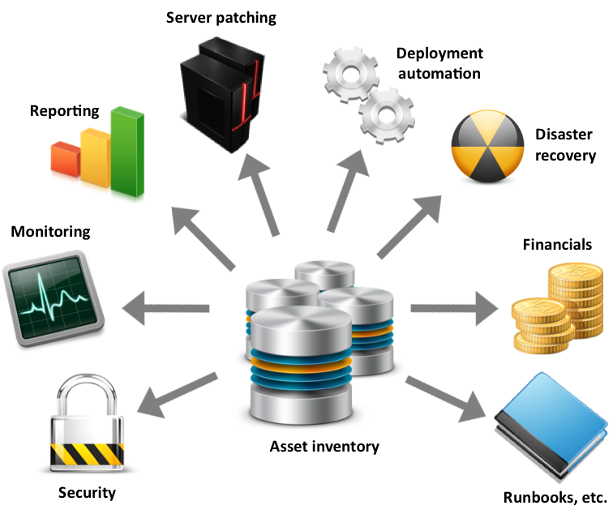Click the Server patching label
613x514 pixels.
[x=221, y=18]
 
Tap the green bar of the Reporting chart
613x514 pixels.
[x=127, y=152]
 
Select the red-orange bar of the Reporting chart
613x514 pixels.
[x=66, y=159]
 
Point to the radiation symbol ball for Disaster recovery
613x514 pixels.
[x=487, y=146]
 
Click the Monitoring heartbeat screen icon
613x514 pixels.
[x=54, y=298]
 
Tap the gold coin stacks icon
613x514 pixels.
[x=558, y=308]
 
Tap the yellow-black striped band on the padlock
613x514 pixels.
[x=87, y=454]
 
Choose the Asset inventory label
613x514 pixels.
[x=324, y=447]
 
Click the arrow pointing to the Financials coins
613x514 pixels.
[x=454, y=308]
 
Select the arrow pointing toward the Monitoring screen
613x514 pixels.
[x=165, y=308]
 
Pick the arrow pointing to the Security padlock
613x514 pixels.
[x=177, y=395]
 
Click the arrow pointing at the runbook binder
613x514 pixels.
[x=446, y=400]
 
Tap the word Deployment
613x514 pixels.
[x=439, y=54]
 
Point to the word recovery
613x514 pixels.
[x=565, y=156]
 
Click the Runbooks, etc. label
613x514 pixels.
[x=555, y=498]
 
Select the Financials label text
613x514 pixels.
[x=557, y=245]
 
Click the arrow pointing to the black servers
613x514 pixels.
[x=258, y=195]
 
